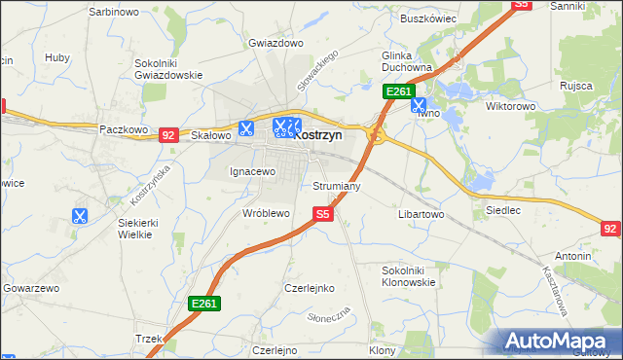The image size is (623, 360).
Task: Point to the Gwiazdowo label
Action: [272, 43]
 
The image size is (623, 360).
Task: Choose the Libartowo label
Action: [421, 213]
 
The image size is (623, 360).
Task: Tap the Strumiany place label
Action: [338, 185]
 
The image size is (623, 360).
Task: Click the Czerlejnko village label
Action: [310, 288]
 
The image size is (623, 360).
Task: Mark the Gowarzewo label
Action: [32, 289]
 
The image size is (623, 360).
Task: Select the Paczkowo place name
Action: [123, 128]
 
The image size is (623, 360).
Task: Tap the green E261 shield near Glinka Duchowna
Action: [397, 91]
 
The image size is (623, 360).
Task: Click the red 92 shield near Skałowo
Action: [168, 135]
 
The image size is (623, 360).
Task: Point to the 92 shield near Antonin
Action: [610, 229]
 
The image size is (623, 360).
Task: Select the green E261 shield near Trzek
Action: [204, 304]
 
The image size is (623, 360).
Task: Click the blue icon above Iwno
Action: [419, 103]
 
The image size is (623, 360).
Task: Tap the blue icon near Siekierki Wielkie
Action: [80, 216]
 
